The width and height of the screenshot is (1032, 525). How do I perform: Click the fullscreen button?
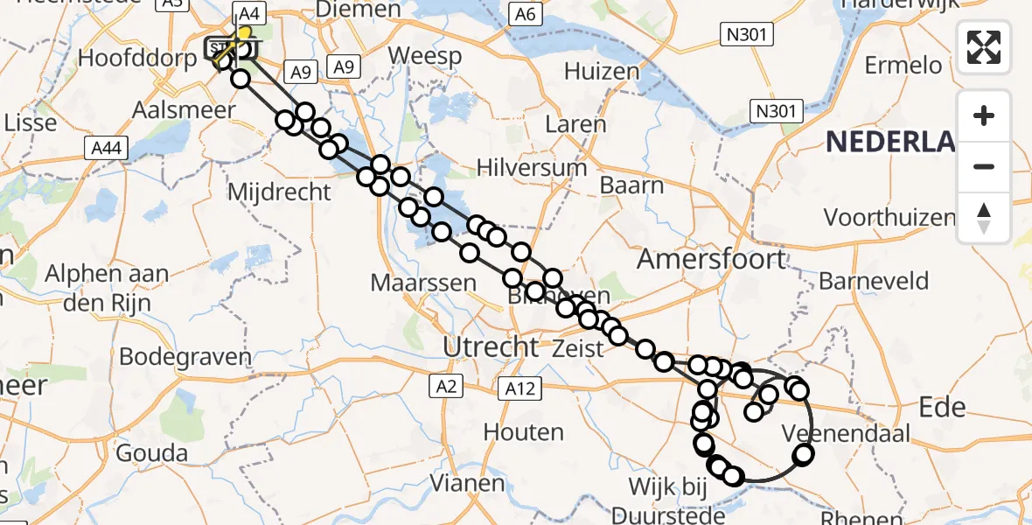pyautogui.click(x=984, y=47)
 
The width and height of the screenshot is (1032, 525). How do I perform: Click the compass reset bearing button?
pyautogui.click(x=984, y=218)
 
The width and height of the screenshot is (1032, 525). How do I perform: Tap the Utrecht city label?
pyautogui.click(x=491, y=346)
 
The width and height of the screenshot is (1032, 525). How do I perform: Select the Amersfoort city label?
pyautogui.click(x=712, y=258)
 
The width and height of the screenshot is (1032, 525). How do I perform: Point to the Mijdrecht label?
pyautogui.click(x=279, y=191)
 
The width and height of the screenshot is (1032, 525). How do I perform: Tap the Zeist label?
pyautogui.click(x=578, y=348)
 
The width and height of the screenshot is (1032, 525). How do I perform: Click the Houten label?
pyautogui.click(x=523, y=432)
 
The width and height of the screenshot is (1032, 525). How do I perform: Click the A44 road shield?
pyautogui.click(x=107, y=149)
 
